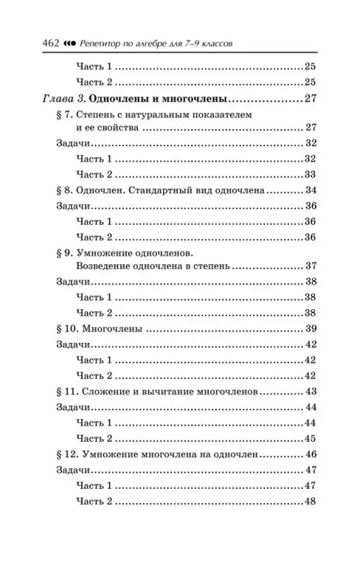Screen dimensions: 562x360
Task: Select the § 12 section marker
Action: coord(65,454)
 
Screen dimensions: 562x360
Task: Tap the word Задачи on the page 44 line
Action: coord(72,407)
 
